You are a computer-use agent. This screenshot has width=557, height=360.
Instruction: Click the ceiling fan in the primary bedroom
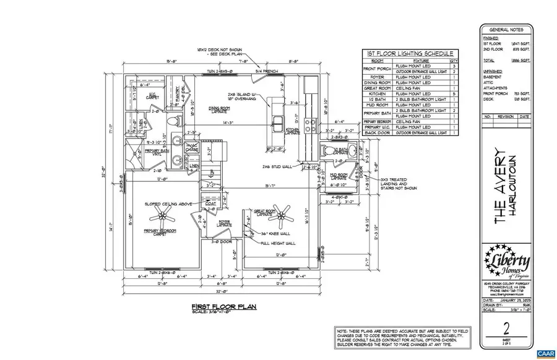[165, 216]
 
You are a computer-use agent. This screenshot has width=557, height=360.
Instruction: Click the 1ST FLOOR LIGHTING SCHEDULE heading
[409, 54]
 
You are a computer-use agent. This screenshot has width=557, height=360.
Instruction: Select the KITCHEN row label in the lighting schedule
[378, 94]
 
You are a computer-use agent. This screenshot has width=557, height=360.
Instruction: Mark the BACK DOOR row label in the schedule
[378, 133]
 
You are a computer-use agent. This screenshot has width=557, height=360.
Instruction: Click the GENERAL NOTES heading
[506, 29]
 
